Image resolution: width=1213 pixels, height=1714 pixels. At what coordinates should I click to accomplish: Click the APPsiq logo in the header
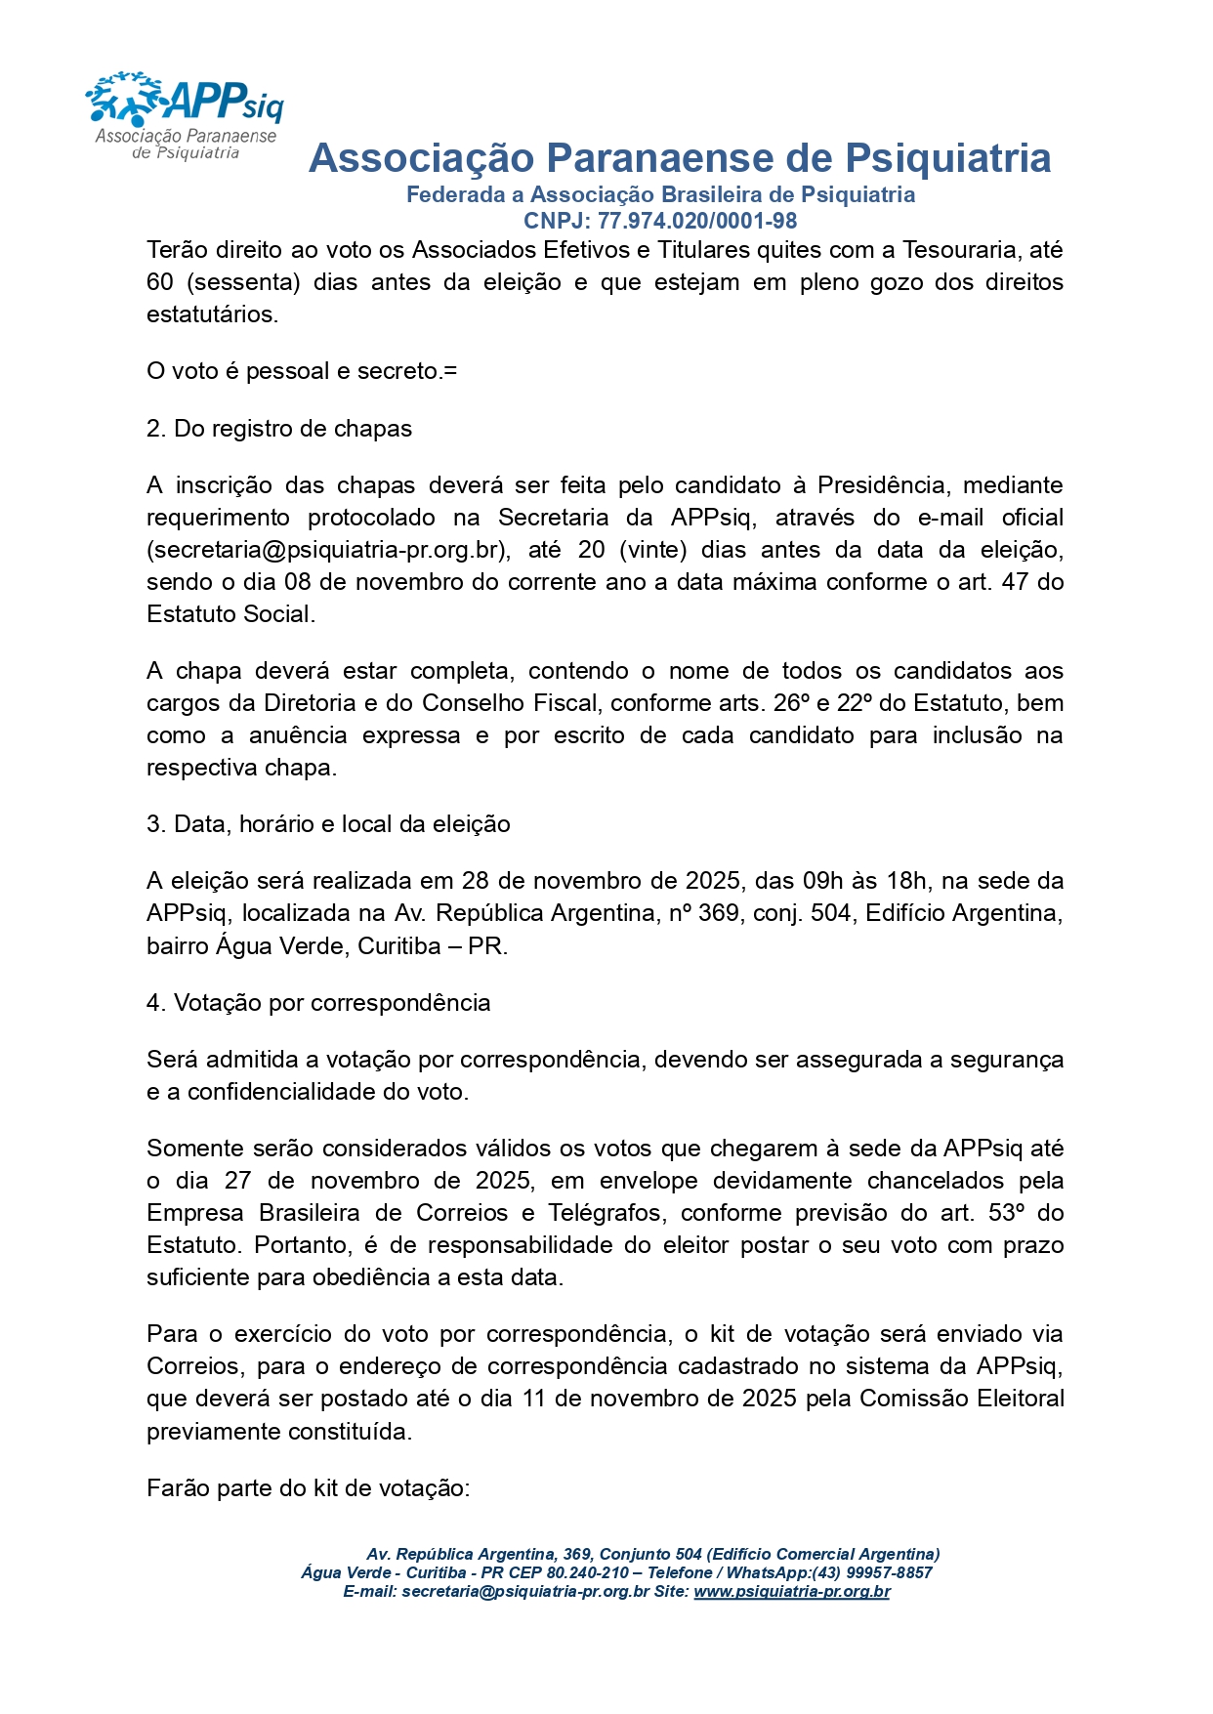coord(185,114)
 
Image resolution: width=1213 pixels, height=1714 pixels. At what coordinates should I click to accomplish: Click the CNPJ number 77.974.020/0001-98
coord(697,222)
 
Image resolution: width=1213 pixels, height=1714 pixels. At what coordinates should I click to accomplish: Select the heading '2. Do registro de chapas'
coord(279,429)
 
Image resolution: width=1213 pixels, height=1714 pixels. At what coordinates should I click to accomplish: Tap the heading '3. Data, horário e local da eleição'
coord(328,824)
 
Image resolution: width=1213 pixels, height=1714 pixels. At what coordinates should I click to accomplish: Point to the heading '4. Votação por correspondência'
coord(318,1003)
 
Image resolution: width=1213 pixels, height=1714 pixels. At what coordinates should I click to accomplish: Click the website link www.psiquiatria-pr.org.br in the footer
coord(791,1591)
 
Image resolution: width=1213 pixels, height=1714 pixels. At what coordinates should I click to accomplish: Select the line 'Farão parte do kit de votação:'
coord(309,1488)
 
